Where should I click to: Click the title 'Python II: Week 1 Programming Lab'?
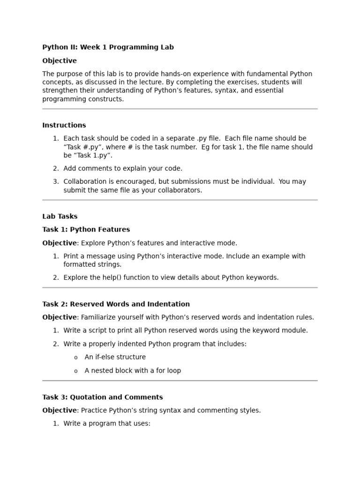click(x=108, y=47)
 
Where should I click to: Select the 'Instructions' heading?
click(x=64, y=125)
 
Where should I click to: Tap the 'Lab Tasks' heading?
click(x=60, y=217)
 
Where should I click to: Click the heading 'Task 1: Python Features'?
click(x=86, y=230)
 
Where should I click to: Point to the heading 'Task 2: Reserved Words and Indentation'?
click(x=116, y=304)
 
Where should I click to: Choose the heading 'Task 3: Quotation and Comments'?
click(x=103, y=397)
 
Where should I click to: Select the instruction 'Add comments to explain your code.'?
click(x=123, y=169)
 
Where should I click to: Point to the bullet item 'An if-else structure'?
click(x=115, y=357)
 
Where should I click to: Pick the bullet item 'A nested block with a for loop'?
click(x=133, y=371)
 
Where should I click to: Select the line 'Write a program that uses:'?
click(x=107, y=424)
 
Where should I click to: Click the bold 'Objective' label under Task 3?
click(x=60, y=411)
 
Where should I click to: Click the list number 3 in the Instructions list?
click(x=56, y=182)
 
